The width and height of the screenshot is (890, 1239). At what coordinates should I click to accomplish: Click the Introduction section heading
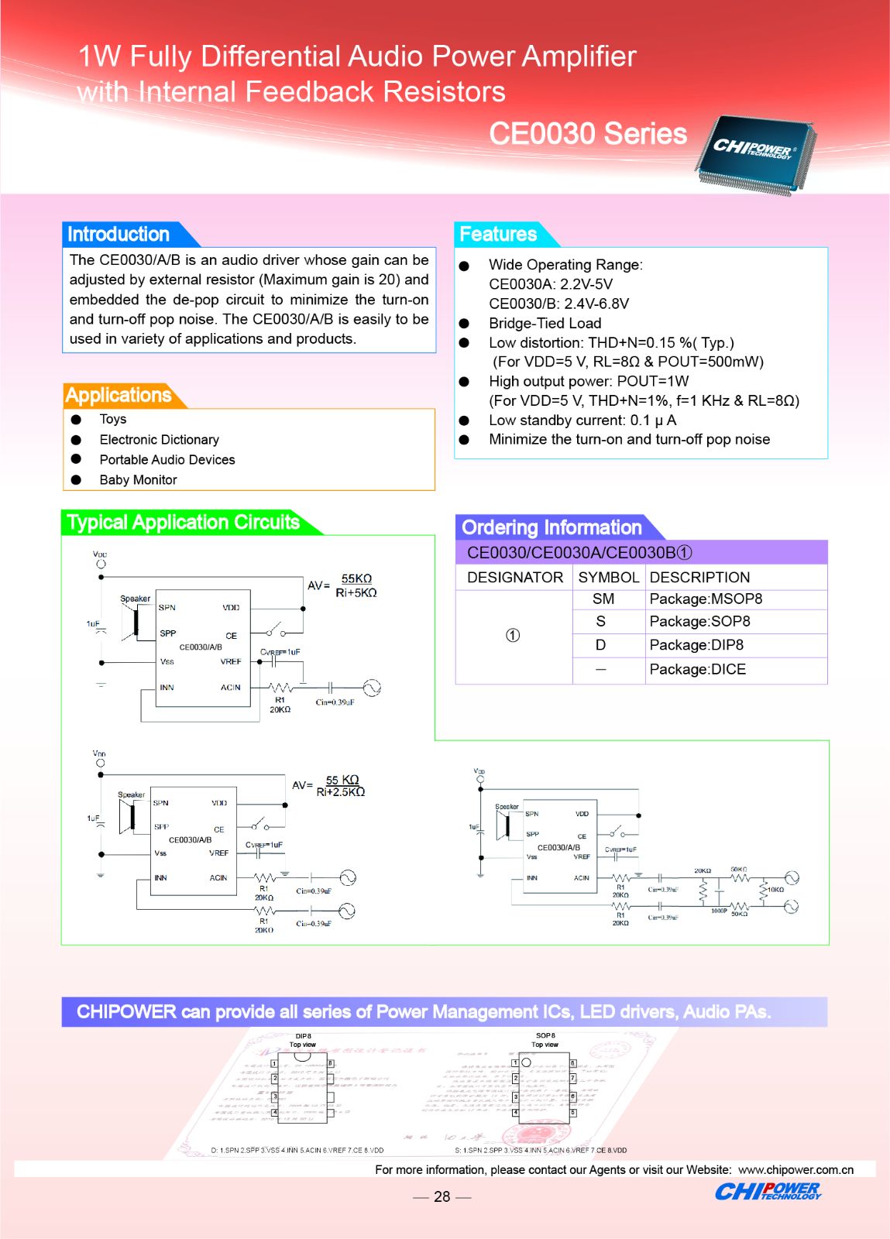click(119, 234)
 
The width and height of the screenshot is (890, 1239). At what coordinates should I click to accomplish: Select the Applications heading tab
click(119, 395)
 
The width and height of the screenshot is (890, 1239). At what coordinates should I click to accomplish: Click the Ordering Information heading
click(552, 527)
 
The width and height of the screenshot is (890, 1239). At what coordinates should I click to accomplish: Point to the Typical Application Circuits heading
click(184, 522)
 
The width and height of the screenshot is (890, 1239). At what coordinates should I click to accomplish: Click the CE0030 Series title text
click(588, 133)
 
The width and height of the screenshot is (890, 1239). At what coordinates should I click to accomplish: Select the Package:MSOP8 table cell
click(706, 599)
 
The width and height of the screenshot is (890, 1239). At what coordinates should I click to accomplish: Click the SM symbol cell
click(603, 599)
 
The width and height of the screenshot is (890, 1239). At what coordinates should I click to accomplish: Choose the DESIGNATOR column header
click(515, 577)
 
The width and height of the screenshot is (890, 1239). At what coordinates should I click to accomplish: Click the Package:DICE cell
click(698, 669)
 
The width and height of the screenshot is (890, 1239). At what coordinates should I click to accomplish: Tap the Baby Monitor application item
click(138, 480)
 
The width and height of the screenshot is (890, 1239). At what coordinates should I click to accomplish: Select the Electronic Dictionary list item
click(159, 440)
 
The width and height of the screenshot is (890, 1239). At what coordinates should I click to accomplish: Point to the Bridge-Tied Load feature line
click(545, 323)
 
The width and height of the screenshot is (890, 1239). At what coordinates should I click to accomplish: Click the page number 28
click(442, 1196)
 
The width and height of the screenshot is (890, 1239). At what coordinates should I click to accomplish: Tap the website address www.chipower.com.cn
click(796, 1169)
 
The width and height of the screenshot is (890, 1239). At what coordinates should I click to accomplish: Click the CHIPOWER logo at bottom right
click(768, 1191)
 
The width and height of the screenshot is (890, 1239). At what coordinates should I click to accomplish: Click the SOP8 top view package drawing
click(545, 1086)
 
